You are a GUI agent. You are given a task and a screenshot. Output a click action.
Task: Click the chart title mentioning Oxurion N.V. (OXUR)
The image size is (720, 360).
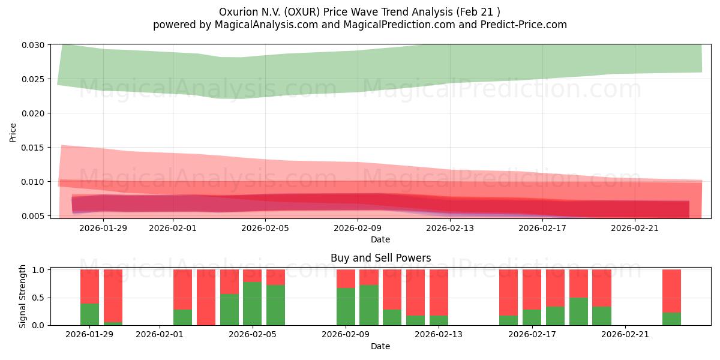(359, 12)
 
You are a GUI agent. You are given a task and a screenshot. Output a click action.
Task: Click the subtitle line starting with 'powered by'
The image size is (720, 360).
(359, 25)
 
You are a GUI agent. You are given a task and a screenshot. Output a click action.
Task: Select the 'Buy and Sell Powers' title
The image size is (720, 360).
(380, 258)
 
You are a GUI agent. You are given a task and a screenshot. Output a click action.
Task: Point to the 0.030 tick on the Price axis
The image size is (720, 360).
(33, 45)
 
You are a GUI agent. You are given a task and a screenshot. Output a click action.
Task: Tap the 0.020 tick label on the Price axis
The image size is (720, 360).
(33, 113)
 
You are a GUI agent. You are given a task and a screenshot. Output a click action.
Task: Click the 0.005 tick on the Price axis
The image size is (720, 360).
(33, 216)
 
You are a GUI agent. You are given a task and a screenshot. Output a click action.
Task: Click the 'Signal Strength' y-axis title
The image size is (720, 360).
(23, 296)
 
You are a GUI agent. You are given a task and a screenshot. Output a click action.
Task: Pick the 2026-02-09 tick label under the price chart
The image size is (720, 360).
(358, 228)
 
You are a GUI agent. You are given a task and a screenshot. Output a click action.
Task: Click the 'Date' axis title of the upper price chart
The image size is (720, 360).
(380, 239)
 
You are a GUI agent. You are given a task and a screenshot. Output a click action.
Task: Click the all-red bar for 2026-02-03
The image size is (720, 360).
(206, 297)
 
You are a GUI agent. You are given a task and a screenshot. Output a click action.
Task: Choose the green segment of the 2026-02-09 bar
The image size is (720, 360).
(346, 307)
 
